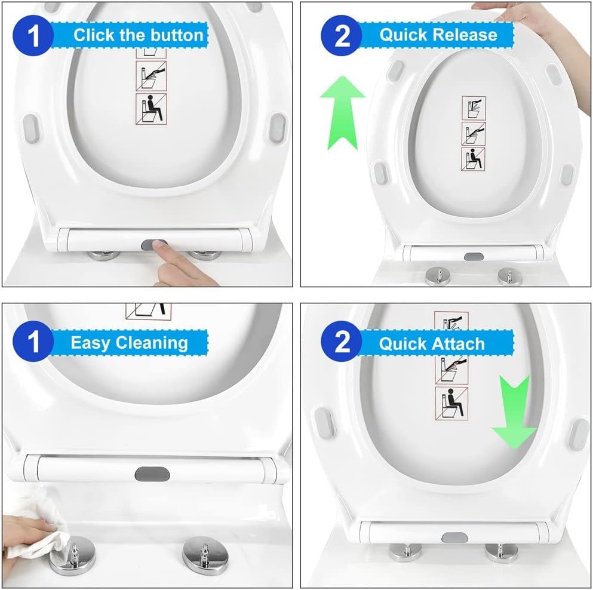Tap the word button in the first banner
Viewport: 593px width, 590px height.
click(x=177, y=35)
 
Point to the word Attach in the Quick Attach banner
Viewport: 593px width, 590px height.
click(x=459, y=344)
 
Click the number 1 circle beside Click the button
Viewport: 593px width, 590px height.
click(x=33, y=36)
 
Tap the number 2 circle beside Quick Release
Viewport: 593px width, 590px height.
click(x=342, y=36)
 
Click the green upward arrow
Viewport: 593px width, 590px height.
click(x=343, y=112)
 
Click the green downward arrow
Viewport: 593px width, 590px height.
click(x=514, y=412)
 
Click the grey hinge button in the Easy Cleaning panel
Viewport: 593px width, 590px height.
click(x=152, y=474)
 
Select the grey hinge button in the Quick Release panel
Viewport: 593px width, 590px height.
click(x=474, y=257)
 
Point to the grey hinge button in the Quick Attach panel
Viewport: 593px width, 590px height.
click(x=454, y=537)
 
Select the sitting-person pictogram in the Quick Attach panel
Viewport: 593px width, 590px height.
click(x=451, y=404)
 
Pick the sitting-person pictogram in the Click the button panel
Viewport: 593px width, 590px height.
click(x=151, y=109)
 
